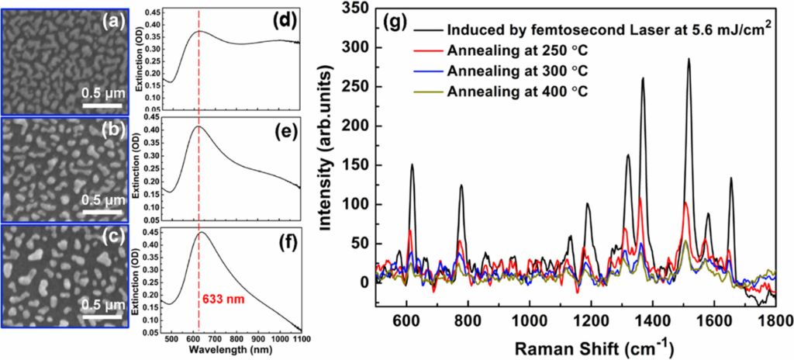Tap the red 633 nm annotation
pos(229,296)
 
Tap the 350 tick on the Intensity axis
pos(361,9)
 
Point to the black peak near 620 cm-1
pos(412,164)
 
